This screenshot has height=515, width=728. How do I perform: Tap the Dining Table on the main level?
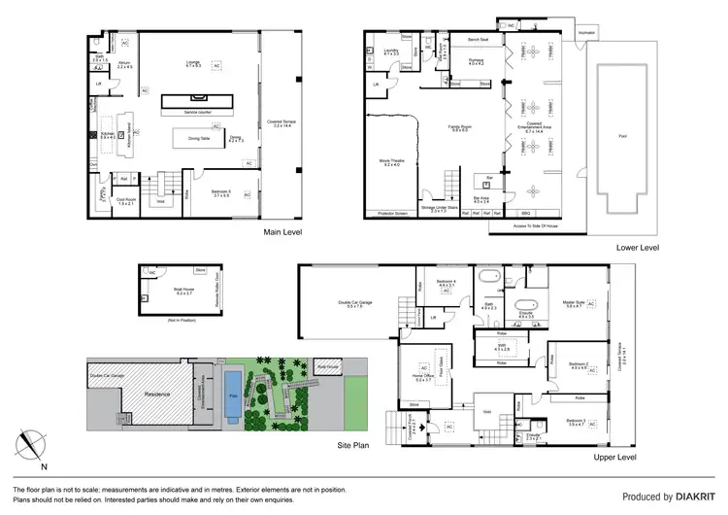[x=185, y=138]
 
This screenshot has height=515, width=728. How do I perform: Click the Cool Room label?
[x=125, y=201]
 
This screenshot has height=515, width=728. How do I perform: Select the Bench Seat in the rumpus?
[x=478, y=40]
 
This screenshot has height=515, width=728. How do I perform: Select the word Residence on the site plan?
[x=131, y=395]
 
